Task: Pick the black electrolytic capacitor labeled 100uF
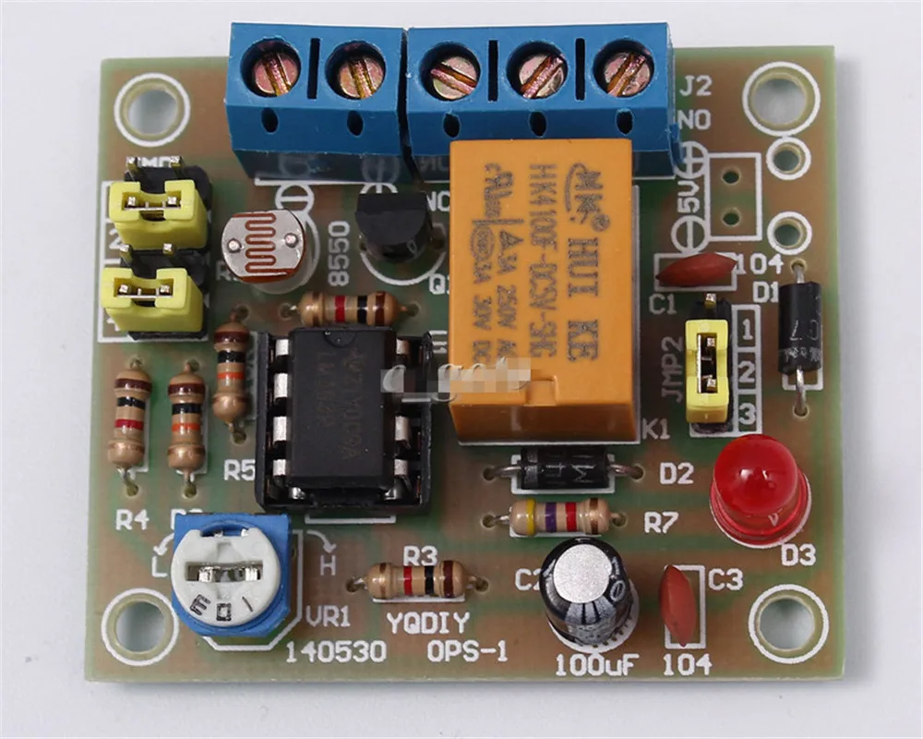[x=586, y=590]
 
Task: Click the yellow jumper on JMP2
[x=708, y=369]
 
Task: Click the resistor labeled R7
[x=559, y=516]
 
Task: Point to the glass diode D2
[x=562, y=470]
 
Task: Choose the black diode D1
[x=799, y=327]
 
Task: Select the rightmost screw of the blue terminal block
[x=628, y=72]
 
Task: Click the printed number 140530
[x=334, y=652]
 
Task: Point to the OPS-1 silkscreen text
[x=467, y=652]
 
